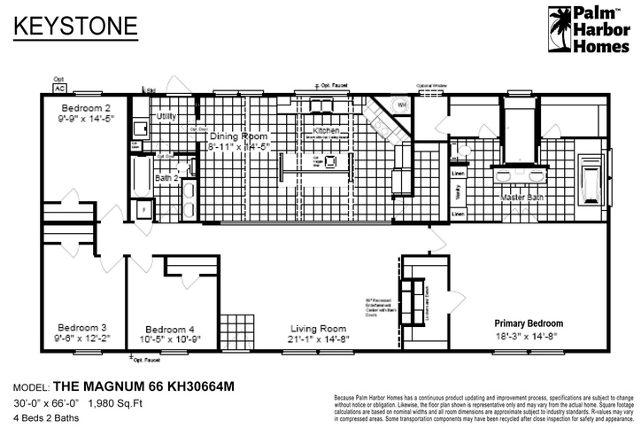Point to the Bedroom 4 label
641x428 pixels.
pyautogui.click(x=168, y=327)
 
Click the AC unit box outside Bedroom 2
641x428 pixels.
pyautogui.click(x=60, y=89)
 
